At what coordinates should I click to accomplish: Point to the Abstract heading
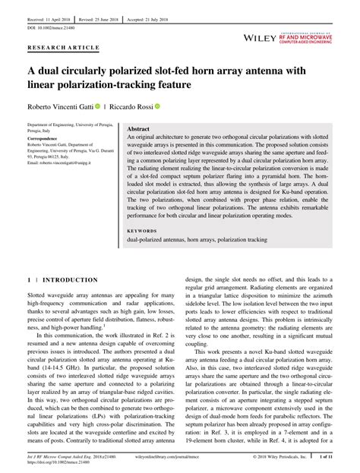tap(137, 130)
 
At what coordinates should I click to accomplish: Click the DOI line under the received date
tap(51, 21)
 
